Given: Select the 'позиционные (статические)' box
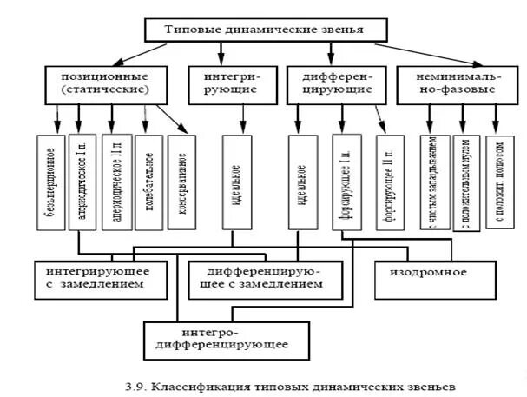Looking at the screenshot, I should [105, 83].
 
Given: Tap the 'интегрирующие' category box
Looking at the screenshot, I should [230, 83].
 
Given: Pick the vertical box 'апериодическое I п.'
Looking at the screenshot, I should [83, 182].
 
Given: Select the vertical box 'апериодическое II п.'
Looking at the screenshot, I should [115, 182].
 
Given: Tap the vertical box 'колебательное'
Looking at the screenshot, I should [148, 182].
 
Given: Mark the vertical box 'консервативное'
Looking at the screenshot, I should [181, 182].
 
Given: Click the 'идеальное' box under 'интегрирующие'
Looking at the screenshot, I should [237, 182].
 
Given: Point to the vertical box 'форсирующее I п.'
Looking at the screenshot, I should [346, 182].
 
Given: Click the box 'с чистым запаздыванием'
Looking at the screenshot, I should [434, 182].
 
